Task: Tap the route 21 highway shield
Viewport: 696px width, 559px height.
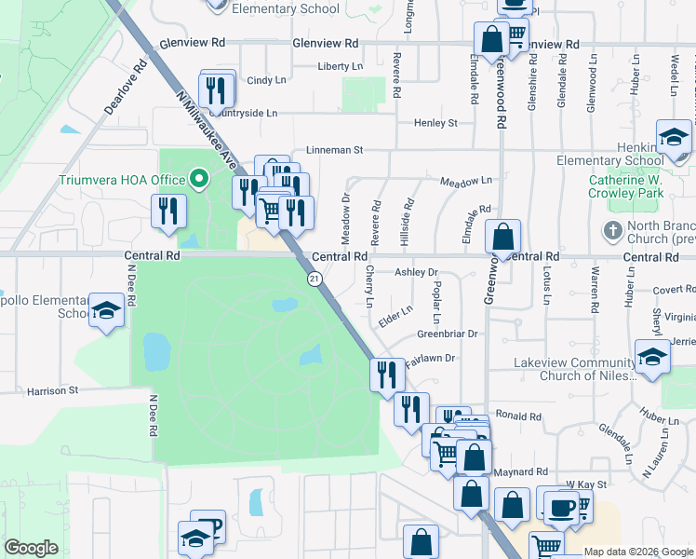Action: pyautogui.click(x=315, y=278)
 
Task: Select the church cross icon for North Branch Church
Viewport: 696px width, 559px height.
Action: pyautogui.click(x=612, y=229)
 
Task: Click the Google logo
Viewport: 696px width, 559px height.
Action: pyautogui.click(x=32, y=548)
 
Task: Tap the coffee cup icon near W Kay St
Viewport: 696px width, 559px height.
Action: pyautogui.click(x=562, y=507)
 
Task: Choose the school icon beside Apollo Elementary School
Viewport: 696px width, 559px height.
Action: pyautogui.click(x=107, y=309)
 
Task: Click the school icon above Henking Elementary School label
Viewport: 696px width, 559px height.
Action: pyautogui.click(x=673, y=137)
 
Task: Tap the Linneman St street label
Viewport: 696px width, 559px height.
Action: pyautogui.click(x=333, y=149)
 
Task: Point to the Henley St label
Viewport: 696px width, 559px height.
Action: pyautogui.click(x=435, y=122)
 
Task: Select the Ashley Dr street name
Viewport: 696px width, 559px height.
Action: pyautogui.click(x=416, y=272)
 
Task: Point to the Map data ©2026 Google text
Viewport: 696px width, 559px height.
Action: pyautogui.click(x=637, y=552)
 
